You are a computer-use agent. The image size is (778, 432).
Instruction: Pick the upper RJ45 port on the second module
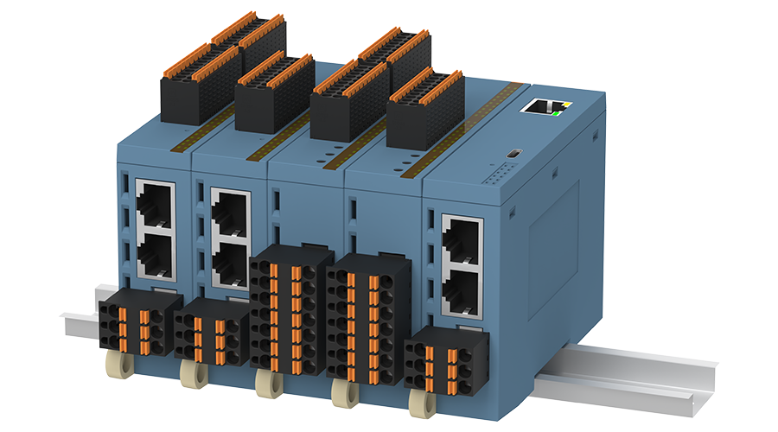(231, 208)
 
